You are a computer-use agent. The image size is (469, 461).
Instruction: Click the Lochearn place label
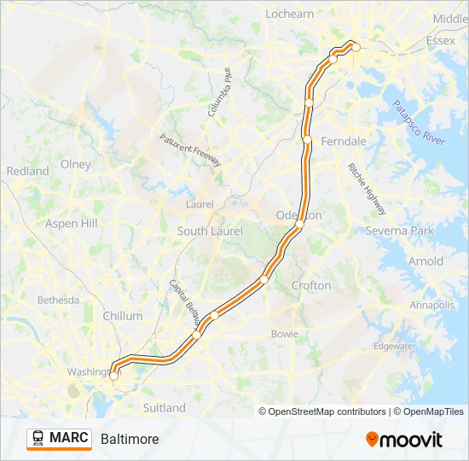pyautogui.click(x=290, y=14)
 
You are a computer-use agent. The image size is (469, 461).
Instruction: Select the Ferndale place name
pyautogui.click(x=345, y=141)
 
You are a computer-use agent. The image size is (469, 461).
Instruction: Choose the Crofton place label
pyautogui.click(x=311, y=285)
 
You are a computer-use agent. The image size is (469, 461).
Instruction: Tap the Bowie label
pyautogui.click(x=284, y=333)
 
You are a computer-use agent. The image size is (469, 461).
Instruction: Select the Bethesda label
pyautogui.click(x=58, y=300)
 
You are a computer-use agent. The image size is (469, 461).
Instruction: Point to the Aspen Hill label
pyautogui.click(x=72, y=224)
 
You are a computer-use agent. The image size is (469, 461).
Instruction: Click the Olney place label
pyautogui.click(x=75, y=164)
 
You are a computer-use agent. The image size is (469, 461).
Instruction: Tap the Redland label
pyautogui.click(x=28, y=171)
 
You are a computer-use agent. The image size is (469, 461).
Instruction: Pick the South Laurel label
pyautogui.click(x=210, y=231)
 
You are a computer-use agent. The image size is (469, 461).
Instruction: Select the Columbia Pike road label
pyautogui.click(x=219, y=92)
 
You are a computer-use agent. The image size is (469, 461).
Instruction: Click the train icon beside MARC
pyautogui.click(x=38, y=438)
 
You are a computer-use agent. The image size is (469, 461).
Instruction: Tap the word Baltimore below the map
pyautogui.click(x=130, y=439)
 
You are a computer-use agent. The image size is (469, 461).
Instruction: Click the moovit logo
pyautogui.click(x=404, y=440)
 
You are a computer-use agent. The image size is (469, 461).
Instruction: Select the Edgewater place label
pyautogui.click(x=394, y=346)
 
